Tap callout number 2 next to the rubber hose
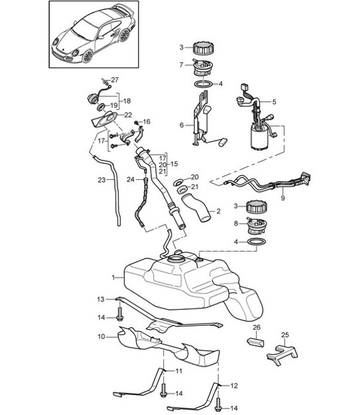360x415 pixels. click(x=218, y=212)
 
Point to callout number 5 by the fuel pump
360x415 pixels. click(x=273, y=102)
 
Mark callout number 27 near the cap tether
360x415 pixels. click(x=114, y=80)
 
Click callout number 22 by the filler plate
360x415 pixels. click(x=128, y=115)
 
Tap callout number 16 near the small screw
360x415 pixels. click(x=147, y=122)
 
